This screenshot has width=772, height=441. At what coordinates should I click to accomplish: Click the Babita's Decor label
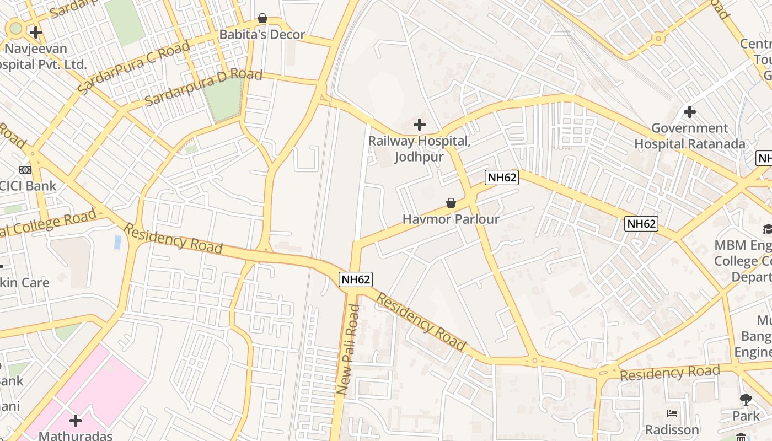pos(262,35)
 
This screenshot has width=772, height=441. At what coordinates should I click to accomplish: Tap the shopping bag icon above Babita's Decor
pos(262,19)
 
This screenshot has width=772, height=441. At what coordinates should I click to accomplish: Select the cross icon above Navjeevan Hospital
pos(36,33)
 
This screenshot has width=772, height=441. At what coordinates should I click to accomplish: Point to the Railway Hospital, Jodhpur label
pos(419,149)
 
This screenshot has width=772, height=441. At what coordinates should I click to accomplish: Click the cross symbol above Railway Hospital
pos(420,125)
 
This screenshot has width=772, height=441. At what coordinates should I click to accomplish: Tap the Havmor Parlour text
pos(451,219)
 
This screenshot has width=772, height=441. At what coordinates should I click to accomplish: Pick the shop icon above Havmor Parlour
pos(451,203)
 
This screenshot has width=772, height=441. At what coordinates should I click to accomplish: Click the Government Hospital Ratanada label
pos(689,136)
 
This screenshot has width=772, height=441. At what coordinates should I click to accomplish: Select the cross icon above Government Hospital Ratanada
pos(689,112)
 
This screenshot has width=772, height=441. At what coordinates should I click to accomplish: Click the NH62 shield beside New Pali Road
pos(355,279)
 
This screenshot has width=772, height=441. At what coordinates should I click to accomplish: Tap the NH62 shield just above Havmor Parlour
pos(502,178)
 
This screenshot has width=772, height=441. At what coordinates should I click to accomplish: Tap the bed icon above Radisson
pos(672,413)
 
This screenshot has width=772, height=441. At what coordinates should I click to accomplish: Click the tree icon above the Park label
pos(746,399)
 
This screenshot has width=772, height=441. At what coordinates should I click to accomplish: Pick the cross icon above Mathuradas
pos(76,421)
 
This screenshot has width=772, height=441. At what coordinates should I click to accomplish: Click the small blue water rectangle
pos(117,242)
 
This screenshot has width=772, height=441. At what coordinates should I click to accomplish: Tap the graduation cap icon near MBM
pos(767,229)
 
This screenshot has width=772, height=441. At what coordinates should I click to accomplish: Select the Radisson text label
pos(672,429)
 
